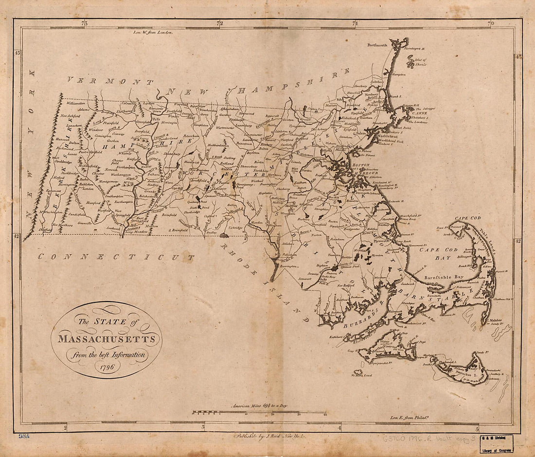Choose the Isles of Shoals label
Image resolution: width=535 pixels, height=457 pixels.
click(423, 62)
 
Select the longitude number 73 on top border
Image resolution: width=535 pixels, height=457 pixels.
click(84, 23)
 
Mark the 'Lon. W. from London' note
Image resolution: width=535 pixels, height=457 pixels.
click(153, 32)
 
